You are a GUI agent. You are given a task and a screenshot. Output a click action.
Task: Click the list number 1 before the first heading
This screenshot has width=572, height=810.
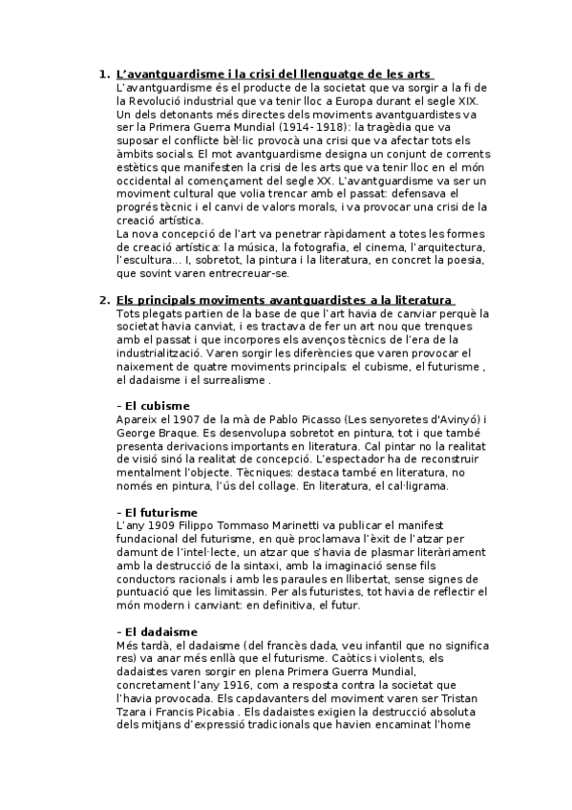tap(104, 74)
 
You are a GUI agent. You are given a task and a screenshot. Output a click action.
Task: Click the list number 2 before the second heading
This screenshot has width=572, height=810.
tap(104, 300)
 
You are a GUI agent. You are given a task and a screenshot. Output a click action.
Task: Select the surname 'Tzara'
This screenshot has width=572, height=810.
tap(132, 712)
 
